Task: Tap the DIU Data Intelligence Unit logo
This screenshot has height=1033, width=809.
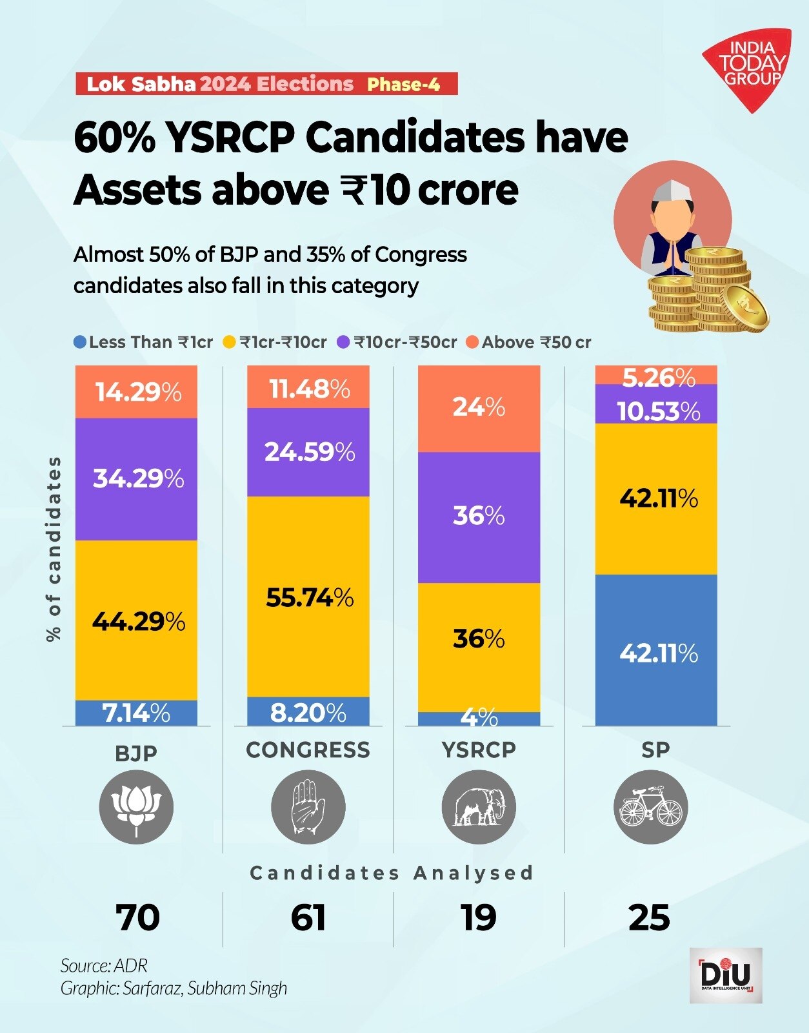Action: pyautogui.click(x=726, y=975)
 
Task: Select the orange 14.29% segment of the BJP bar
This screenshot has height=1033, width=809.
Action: pyautogui.click(x=137, y=392)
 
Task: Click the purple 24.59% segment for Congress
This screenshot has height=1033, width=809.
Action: pyautogui.click(x=308, y=452)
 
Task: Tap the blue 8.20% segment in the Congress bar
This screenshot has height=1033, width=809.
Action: pyautogui.click(x=308, y=712)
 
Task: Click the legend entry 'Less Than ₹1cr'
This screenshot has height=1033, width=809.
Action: pyautogui.click(x=143, y=342)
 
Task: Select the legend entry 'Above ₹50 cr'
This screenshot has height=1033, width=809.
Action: pyautogui.click(x=529, y=342)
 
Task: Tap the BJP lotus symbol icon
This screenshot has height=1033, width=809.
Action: pyautogui.click(x=136, y=807)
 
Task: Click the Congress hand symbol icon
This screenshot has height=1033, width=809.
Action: pyautogui.click(x=308, y=807)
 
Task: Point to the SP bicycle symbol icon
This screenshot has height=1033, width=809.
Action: pyautogui.click(x=650, y=807)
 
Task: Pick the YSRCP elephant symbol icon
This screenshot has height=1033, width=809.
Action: pyautogui.click(x=479, y=807)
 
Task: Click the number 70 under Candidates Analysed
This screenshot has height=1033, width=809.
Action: pyautogui.click(x=137, y=917)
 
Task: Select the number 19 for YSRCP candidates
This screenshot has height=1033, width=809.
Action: pyautogui.click(x=479, y=917)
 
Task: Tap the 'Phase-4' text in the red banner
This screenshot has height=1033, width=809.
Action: pyautogui.click(x=404, y=85)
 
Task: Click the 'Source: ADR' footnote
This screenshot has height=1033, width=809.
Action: pyautogui.click(x=104, y=966)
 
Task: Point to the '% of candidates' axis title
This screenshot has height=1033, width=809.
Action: pyautogui.click(x=54, y=549)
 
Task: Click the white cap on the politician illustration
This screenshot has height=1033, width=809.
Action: pyautogui.click(x=671, y=190)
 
